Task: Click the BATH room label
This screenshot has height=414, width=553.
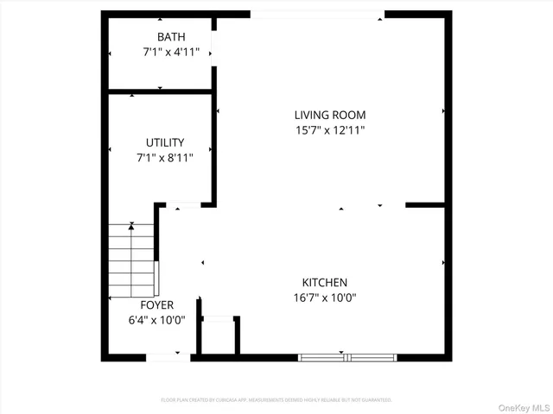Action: click(171, 37)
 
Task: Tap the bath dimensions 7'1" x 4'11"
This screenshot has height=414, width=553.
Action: click(171, 52)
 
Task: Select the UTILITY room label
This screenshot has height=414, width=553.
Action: click(164, 142)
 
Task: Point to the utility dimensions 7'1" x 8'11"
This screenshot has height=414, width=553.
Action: click(164, 158)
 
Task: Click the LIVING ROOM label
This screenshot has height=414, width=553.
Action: click(330, 115)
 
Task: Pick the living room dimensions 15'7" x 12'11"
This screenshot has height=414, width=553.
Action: click(330, 130)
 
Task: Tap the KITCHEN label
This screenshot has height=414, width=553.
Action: click(324, 282)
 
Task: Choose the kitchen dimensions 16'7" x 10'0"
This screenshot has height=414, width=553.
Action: click(324, 298)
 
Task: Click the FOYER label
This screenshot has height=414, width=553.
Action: click(157, 305)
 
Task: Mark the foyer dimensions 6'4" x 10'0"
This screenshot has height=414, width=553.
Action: click(157, 320)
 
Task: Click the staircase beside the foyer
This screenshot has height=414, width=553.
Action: click(130, 259)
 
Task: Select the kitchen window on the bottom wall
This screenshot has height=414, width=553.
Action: click(346, 356)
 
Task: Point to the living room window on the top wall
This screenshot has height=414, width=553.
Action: click(317, 14)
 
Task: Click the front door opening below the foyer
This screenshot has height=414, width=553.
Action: click(168, 356)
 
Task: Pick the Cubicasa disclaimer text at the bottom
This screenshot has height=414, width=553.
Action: click(276, 400)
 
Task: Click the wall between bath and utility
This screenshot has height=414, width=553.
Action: click(161, 91)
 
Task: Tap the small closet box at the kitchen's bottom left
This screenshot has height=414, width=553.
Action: click(219, 336)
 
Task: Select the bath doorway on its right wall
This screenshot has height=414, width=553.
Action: click(214, 47)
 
